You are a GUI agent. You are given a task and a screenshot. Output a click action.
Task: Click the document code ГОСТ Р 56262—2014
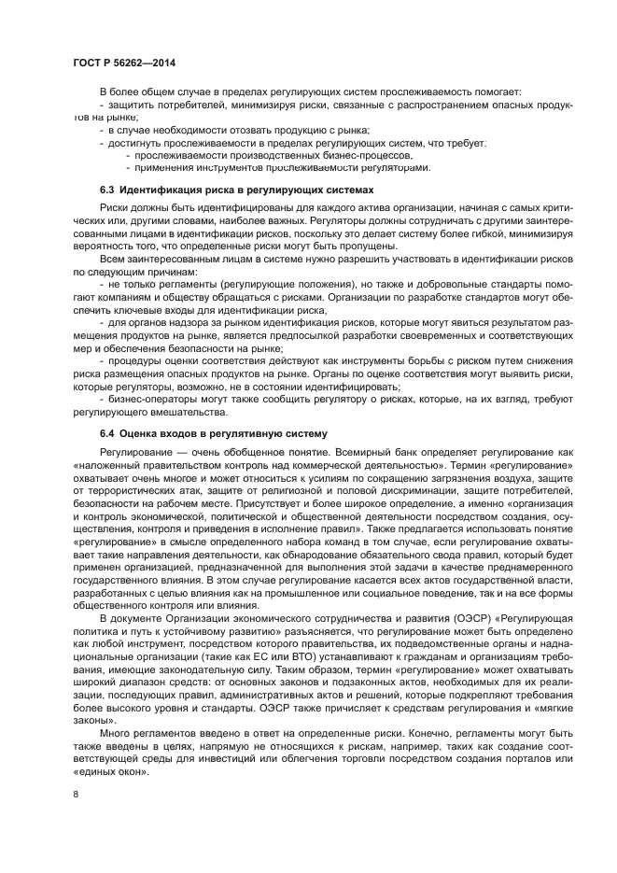point(124,63)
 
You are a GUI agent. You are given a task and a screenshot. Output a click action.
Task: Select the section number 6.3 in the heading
point(107,189)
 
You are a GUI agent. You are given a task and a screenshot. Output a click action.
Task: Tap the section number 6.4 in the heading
point(107,433)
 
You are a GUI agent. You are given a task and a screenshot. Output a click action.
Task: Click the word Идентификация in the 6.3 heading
point(161,189)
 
